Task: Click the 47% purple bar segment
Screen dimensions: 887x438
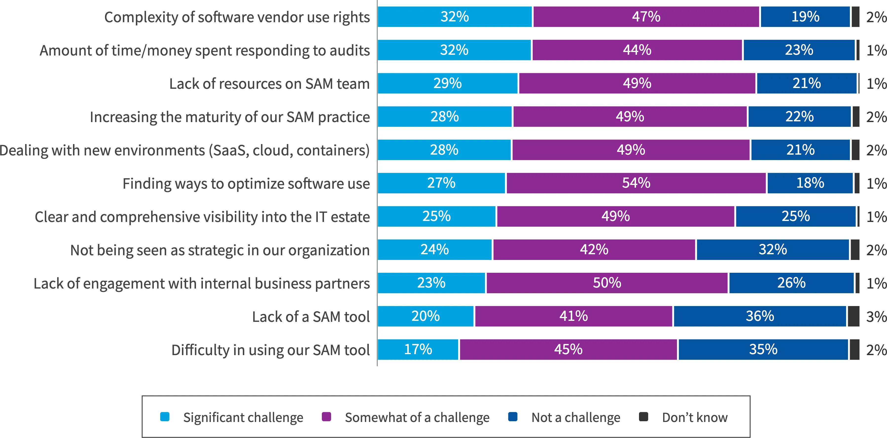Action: [646, 17]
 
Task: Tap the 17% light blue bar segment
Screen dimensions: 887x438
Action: [418, 349]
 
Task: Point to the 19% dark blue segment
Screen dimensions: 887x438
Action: [805, 17]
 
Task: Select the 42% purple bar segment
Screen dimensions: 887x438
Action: [594, 250]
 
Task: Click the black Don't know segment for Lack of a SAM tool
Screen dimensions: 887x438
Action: [854, 316]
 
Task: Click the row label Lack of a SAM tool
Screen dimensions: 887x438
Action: [311, 316]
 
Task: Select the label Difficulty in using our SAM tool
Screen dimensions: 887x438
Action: [270, 350]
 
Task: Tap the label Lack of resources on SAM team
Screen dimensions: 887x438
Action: [269, 84]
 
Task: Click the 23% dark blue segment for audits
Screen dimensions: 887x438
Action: [799, 50]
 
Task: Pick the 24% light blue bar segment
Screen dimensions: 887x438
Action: [435, 250]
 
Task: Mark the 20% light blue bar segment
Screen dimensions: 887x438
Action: [426, 316]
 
